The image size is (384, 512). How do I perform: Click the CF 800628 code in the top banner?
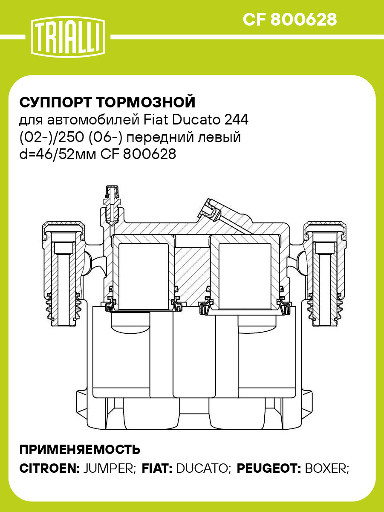(290, 20)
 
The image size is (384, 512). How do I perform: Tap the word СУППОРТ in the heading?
(56, 103)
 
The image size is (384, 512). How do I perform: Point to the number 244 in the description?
(237, 120)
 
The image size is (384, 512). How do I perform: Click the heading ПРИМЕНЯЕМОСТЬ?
(80, 449)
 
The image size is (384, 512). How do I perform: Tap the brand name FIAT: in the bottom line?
(156, 468)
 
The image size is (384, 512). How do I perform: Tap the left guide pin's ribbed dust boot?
(63, 311)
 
